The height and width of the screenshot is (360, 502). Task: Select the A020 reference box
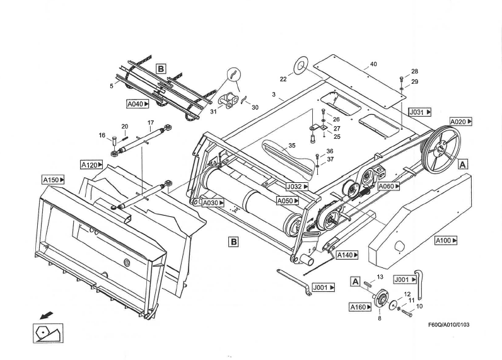point(460,121)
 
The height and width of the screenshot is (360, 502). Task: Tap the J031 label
point(419,112)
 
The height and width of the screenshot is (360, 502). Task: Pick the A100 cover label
point(446,240)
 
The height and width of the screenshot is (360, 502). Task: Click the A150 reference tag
point(53,180)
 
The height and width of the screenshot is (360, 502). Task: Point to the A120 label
point(91,165)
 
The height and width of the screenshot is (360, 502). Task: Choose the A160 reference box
point(360,308)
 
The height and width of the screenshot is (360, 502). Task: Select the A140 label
point(347,255)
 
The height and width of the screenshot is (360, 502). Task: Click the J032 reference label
point(296,187)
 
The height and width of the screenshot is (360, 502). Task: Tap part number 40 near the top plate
point(373,64)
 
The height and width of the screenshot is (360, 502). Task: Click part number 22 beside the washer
point(283,79)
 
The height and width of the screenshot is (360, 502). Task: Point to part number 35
point(292,146)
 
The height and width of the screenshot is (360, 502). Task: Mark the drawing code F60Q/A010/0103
point(448,325)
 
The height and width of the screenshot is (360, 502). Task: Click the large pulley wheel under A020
point(441,148)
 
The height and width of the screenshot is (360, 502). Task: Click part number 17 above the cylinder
point(151,122)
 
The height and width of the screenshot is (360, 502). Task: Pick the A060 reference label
point(388,187)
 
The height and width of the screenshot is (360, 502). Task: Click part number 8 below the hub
point(379,319)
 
